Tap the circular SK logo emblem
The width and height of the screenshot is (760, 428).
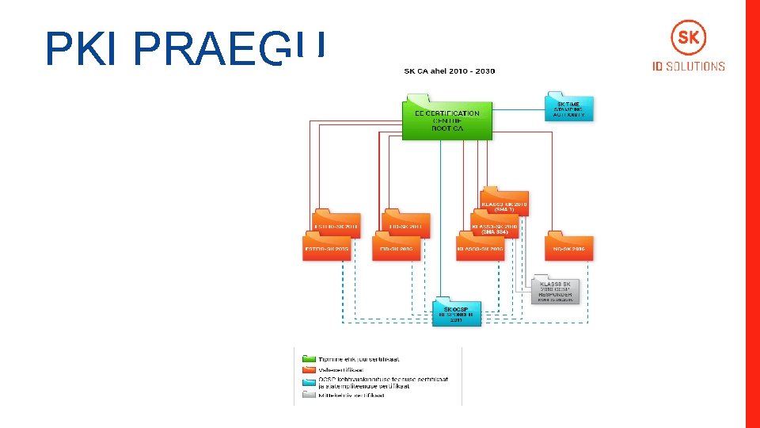tap(688, 37)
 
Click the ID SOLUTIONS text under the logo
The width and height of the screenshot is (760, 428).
tap(688, 67)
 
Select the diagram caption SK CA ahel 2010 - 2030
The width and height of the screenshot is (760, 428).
tap(449, 71)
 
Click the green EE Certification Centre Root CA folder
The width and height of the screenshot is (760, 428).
tap(447, 119)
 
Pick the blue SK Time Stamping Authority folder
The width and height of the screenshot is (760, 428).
tap(568, 108)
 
